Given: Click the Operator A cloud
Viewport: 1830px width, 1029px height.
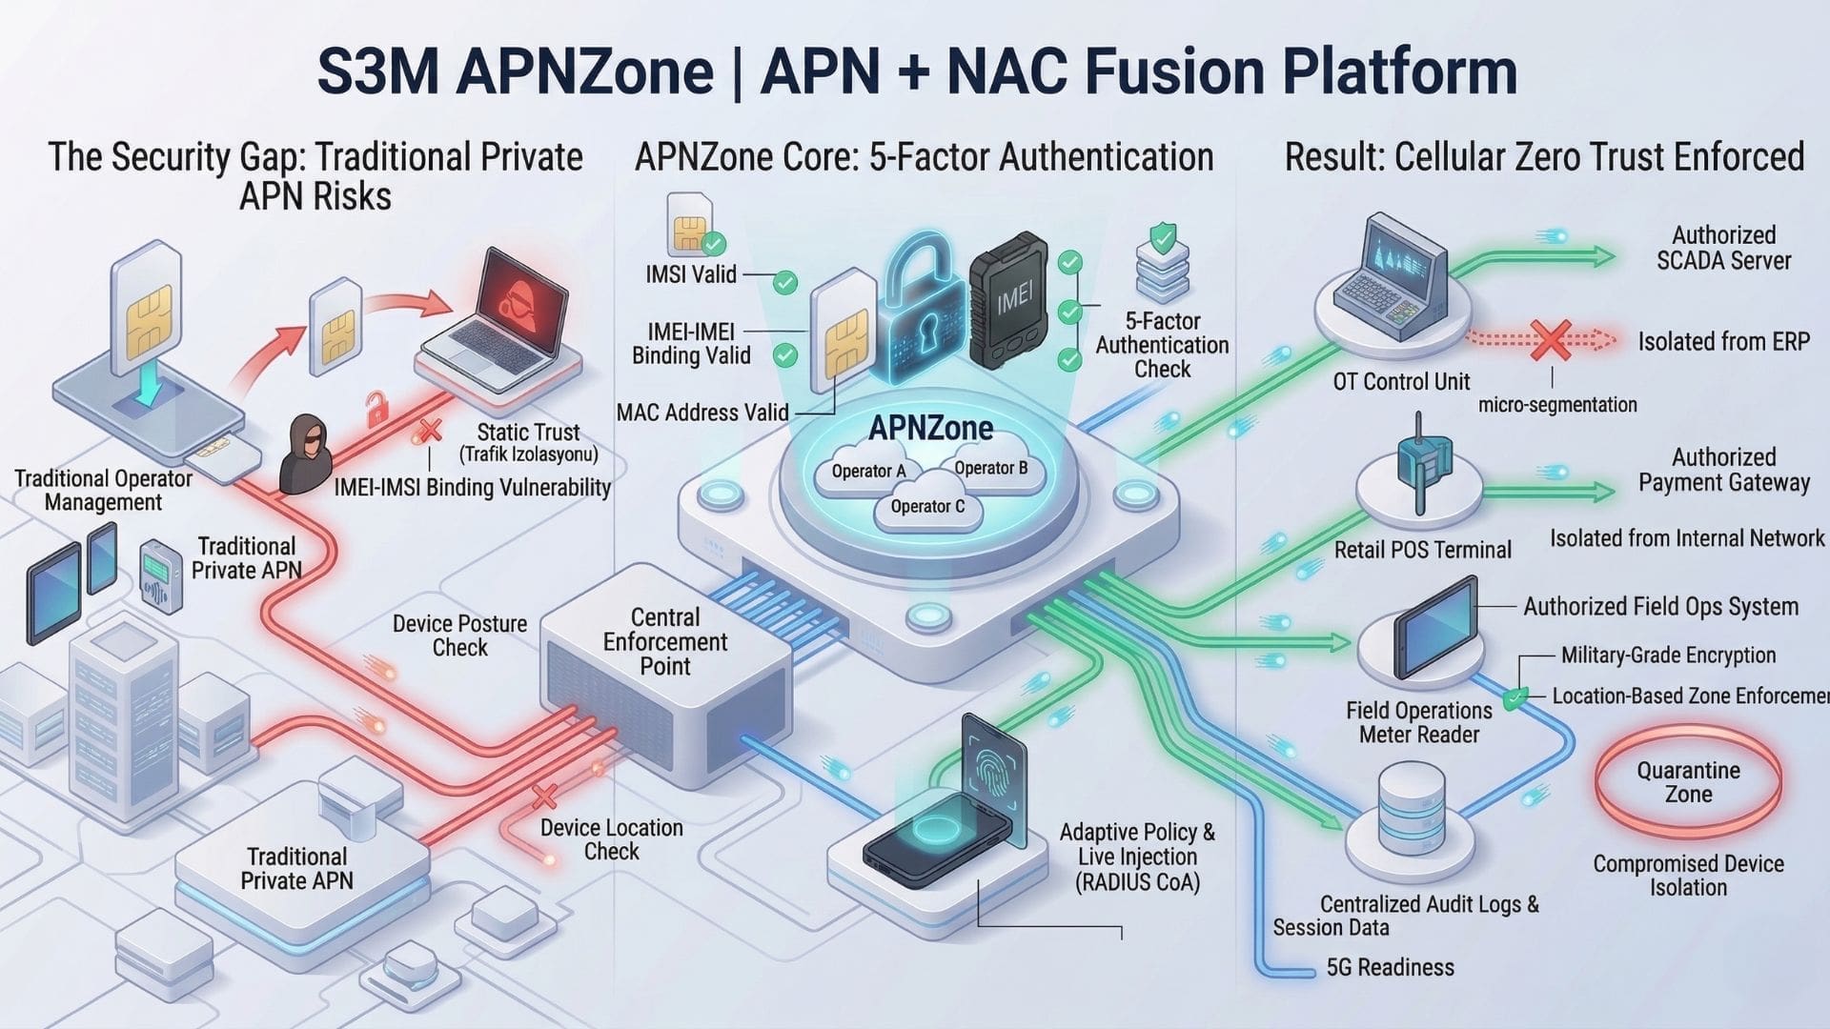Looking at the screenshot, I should pyautogui.click(x=867, y=473).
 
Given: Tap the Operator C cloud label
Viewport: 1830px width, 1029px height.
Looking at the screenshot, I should pyautogui.click(x=927, y=507).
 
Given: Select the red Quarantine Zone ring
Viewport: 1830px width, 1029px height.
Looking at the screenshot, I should pyautogui.click(x=1688, y=782).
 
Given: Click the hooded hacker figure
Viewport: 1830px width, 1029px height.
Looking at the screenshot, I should pyautogui.click(x=305, y=454).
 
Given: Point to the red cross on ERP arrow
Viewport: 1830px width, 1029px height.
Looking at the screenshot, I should pyautogui.click(x=1551, y=340).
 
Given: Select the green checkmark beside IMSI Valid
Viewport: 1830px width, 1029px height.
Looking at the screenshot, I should pyautogui.click(x=784, y=282).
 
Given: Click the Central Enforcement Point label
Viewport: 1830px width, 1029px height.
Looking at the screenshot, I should pyautogui.click(x=664, y=641).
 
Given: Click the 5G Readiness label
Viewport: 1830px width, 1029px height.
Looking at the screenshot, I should pyautogui.click(x=1390, y=968).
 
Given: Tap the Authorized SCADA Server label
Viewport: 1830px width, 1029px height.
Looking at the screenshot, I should pyautogui.click(x=1723, y=248).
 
